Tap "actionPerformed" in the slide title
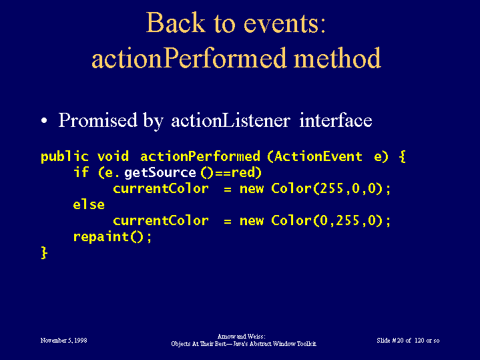pyautogui.click(x=189, y=58)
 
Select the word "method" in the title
pyautogui.click(x=337, y=57)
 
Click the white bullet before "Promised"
pyautogui.click(x=44, y=120)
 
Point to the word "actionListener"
pyautogui.click(x=230, y=120)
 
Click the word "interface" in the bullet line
pyautogui.click(x=336, y=120)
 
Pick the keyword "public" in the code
pyautogui.click(x=65, y=157)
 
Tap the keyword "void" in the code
pyautogui.click(x=113, y=156)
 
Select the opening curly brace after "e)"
pyautogui.click(x=403, y=156)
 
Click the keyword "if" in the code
pyautogui.click(x=81, y=172)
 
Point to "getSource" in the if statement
pyautogui.click(x=160, y=173)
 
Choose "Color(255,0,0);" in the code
pyautogui.click(x=331, y=188)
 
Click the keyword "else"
pyautogui.click(x=89, y=204)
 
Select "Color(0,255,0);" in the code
pyautogui.click(x=331, y=220)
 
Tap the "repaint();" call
pyautogui.click(x=112, y=237)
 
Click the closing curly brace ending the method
pyautogui.click(x=44, y=252)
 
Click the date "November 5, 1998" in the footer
pyautogui.click(x=63, y=341)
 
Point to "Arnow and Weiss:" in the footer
pyautogui.click(x=241, y=337)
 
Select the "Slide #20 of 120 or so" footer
pyautogui.click(x=408, y=341)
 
